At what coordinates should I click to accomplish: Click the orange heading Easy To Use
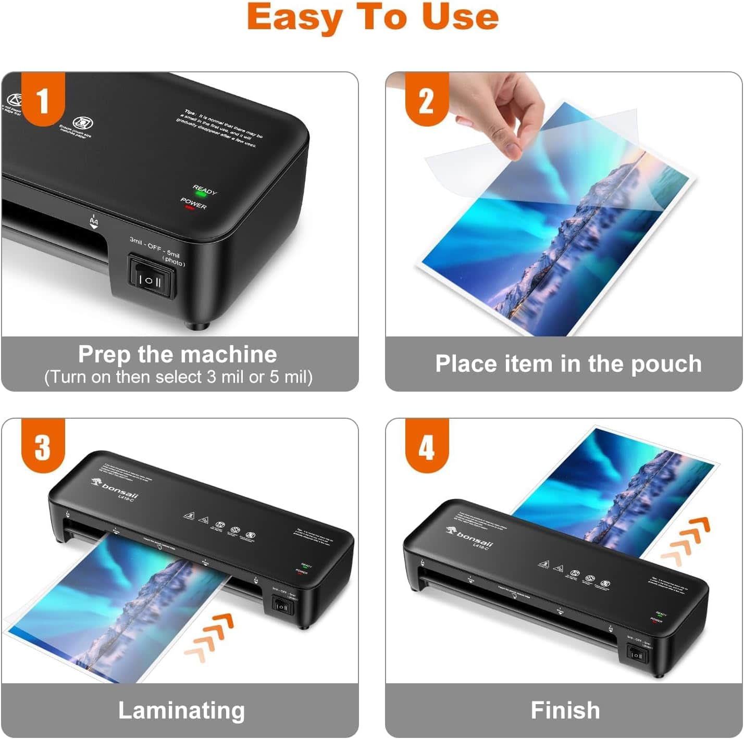[373, 18]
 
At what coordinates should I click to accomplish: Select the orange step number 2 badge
[427, 100]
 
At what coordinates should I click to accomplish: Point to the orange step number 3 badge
[43, 446]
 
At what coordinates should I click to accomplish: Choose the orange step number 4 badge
[427, 446]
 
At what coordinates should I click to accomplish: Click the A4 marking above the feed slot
[94, 222]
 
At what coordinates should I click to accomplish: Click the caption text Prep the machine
[178, 355]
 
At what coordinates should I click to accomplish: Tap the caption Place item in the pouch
[568, 364]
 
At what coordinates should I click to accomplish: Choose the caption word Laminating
[181, 710]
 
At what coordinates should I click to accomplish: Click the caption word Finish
[565, 710]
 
